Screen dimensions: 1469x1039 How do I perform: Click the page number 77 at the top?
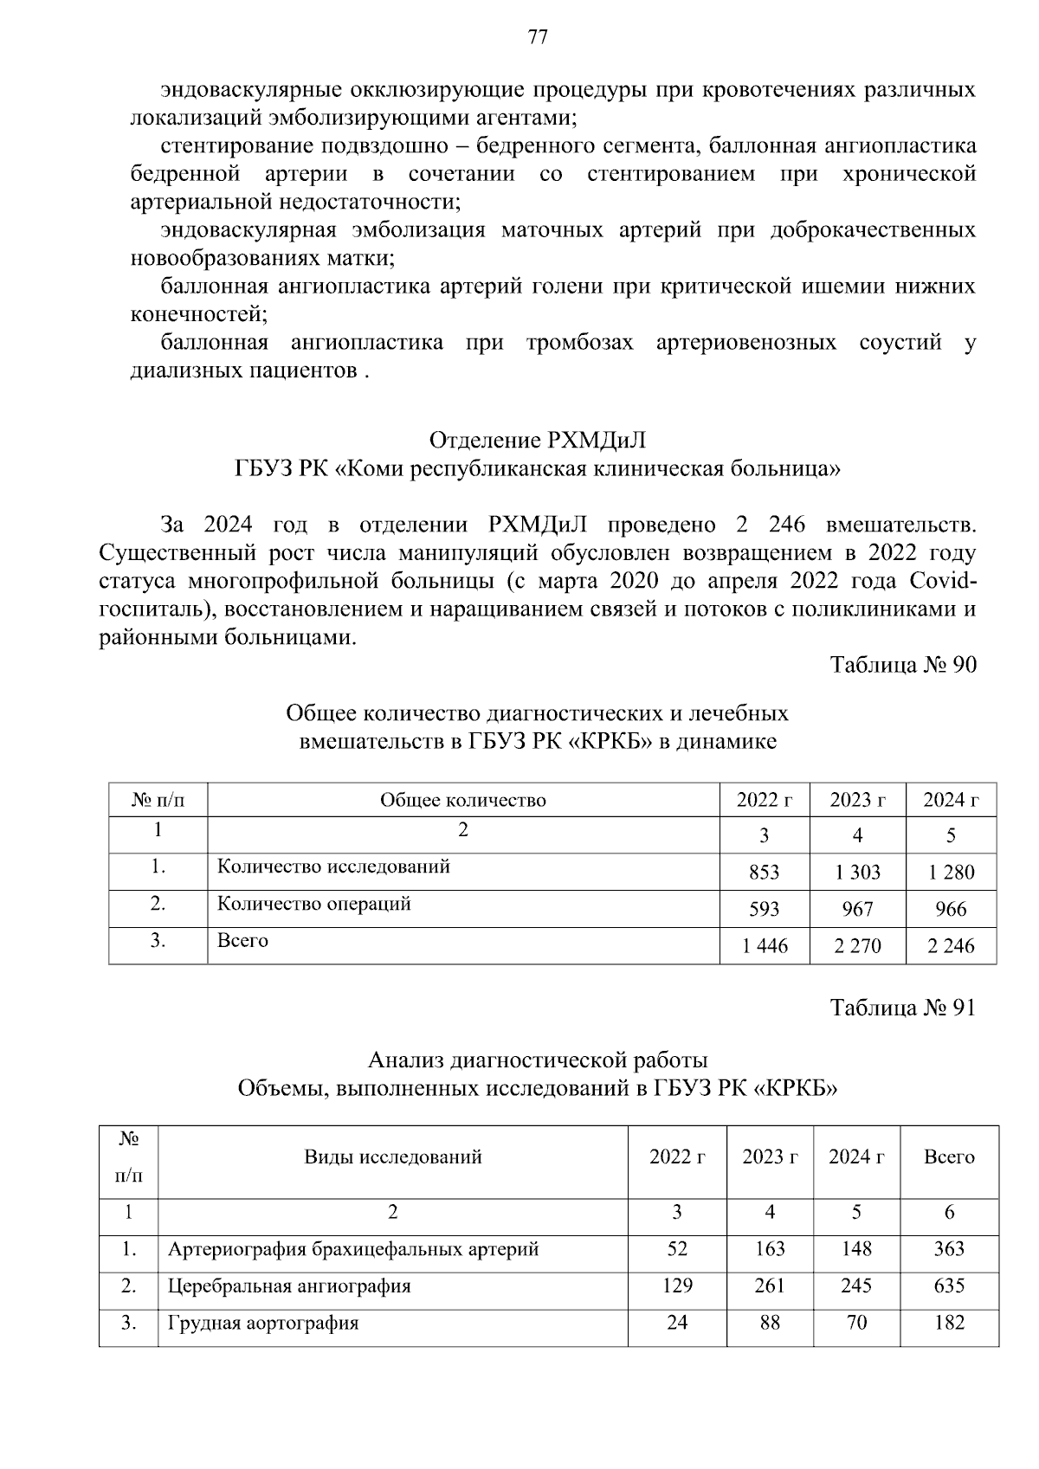[537, 37]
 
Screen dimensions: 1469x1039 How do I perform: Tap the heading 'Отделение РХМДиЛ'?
[537, 441]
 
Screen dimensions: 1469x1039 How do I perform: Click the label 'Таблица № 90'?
[903, 665]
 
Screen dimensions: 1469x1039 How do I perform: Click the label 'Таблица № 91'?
[903, 1008]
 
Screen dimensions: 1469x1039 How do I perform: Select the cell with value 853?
[764, 873]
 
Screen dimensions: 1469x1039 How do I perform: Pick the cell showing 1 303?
[857, 873]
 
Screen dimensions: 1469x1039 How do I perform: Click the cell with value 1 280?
[951, 873]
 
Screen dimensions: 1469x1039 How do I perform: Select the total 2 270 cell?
[857, 946]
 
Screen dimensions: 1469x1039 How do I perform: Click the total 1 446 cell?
[765, 946]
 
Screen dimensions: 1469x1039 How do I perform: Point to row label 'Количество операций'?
[313, 904]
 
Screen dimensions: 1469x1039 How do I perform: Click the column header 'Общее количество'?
[463, 800]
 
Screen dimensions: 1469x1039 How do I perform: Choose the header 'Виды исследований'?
[392, 1157]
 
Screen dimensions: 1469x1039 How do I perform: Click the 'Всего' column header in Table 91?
[949, 1157]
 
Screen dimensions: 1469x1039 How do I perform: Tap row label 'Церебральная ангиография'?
[289, 1286]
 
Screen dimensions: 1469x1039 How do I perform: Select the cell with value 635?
[949, 1286]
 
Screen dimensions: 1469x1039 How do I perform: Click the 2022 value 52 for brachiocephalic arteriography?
[677, 1249]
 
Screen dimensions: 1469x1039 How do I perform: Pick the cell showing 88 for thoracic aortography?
[770, 1324]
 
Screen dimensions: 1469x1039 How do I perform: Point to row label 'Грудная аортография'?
[263, 1324]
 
